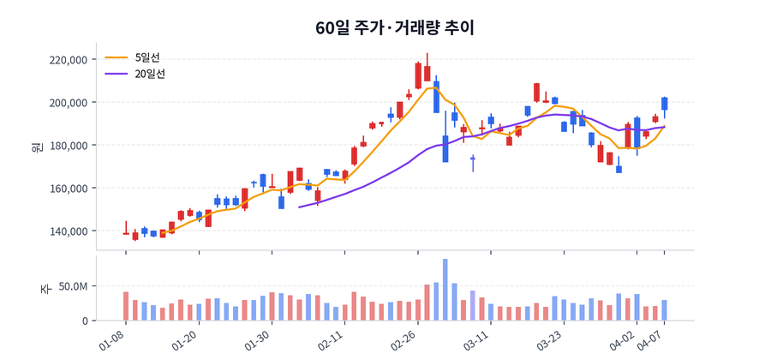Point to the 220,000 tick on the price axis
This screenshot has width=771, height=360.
(x=69, y=60)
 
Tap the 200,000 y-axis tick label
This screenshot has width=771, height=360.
(x=69, y=103)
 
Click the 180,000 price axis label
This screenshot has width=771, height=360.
(x=69, y=146)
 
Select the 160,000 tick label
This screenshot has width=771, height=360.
(x=69, y=189)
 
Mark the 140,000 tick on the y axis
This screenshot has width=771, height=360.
(x=69, y=231)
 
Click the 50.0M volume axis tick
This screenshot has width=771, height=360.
(x=72, y=286)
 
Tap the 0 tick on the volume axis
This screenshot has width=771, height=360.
(x=84, y=321)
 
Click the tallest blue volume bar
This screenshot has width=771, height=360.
(x=445, y=290)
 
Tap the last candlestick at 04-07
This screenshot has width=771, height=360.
(x=664, y=104)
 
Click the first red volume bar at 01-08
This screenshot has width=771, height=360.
(x=126, y=306)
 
